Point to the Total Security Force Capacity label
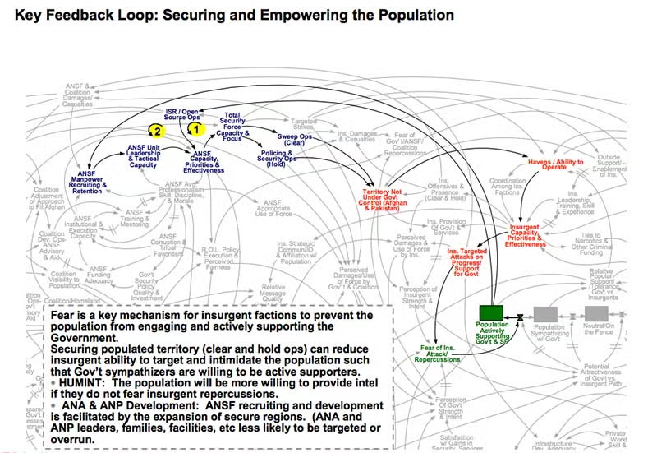(232, 122)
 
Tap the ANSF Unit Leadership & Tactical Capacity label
(143, 155)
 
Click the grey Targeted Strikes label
(305, 125)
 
